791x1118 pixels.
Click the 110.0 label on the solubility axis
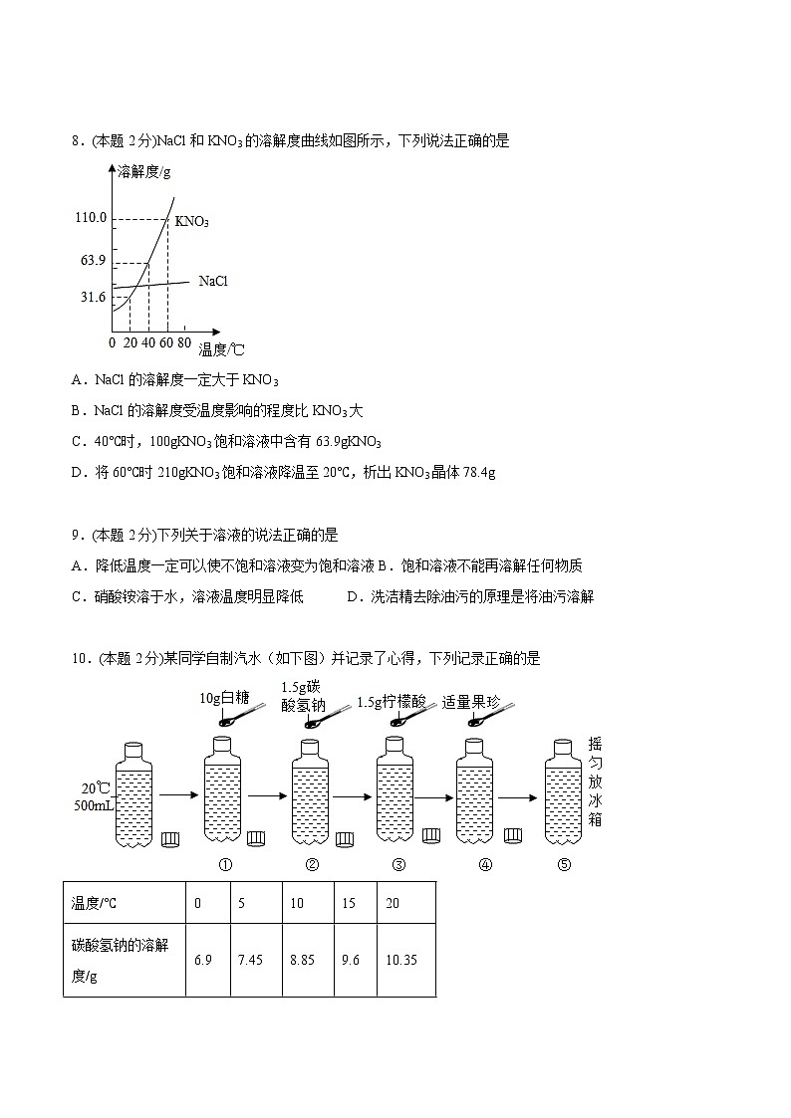(90, 217)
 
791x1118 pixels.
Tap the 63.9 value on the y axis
(93, 261)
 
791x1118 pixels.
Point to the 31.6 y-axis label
(93, 298)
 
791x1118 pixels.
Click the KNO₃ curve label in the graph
(191, 221)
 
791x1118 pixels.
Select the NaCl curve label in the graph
(213, 282)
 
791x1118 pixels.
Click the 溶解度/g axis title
(143, 171)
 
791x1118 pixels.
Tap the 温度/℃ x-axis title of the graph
(221, 349)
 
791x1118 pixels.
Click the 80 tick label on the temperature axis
(184, 342)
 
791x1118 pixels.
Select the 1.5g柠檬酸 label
(392, 702)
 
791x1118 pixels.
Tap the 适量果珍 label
(471, 702)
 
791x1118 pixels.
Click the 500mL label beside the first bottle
(93, 805)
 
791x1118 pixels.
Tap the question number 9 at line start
(76, 536)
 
